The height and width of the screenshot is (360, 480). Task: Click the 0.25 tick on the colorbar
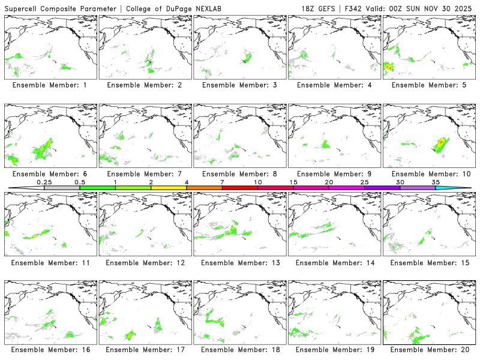[x=44, y=182]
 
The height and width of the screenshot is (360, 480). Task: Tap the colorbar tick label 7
[x=222, y=182]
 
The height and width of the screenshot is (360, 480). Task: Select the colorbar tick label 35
[x=436, y=182]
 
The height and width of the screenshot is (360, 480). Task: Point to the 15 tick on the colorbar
[x=293, y=182]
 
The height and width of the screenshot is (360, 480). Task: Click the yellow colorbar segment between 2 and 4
[x=169, y=188]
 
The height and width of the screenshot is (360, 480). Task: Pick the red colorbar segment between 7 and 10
[x=240, y=188]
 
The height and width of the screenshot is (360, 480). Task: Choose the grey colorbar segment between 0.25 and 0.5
[x=62, y=188]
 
